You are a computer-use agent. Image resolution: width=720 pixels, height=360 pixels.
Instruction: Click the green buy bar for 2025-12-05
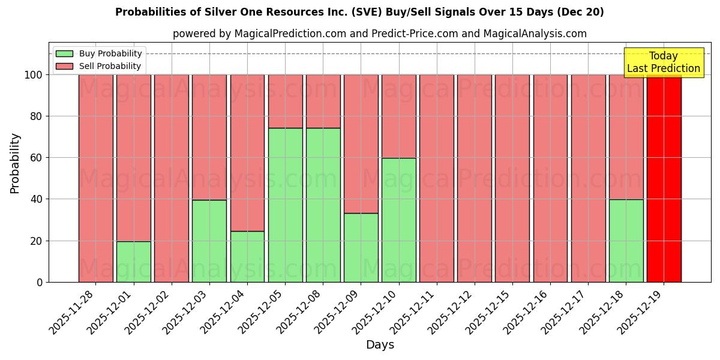tap(285, 205)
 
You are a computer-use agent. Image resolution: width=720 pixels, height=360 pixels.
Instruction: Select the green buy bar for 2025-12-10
tap(399, 220)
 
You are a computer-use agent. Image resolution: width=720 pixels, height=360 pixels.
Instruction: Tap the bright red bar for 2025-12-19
tap(664, 178)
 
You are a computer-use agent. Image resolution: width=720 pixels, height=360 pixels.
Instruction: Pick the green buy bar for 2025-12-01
tap(134, 262)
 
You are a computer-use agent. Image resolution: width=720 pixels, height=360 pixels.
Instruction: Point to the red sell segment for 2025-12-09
tap(361, 144)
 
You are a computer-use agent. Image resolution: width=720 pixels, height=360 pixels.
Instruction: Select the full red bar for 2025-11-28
tap(96, 178)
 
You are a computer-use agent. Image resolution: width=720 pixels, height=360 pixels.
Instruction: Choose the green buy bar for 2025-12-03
tap(209, 241)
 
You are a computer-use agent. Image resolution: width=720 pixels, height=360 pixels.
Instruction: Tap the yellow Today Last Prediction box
tap(663, 62)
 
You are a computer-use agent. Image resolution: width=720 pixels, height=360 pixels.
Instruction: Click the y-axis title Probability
tap(15, 163)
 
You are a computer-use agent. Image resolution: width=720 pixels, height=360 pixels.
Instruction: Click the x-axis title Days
tap(380, 345)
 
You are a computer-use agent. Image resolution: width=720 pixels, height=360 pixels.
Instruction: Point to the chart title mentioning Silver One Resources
tap(359, 12)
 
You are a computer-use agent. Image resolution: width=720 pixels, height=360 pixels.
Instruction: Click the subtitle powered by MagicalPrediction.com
tap(379, 34)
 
